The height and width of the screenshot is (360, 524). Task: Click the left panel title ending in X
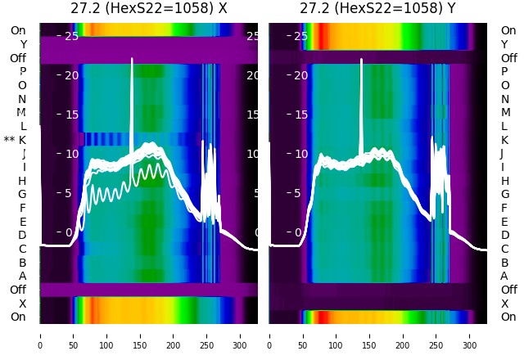[148, 9]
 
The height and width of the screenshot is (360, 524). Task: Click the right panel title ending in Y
[378, 9]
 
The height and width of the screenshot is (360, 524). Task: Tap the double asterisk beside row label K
[9, 140]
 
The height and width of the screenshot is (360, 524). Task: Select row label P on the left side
[22, 71]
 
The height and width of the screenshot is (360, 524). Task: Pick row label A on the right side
[504, 276]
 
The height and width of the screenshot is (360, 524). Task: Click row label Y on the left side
[23, 44]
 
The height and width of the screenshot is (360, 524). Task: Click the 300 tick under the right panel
[470, 335]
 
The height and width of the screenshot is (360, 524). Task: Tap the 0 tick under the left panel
[40, 335]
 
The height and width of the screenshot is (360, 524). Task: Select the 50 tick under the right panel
[303, 335]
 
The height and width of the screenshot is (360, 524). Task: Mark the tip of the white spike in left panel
[132, 59]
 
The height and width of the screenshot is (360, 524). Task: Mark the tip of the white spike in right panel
[360, 60]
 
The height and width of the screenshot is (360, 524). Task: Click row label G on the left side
[22, 194]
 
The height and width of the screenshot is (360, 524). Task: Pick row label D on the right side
[504, 235]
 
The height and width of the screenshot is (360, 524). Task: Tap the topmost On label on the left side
[18, 30]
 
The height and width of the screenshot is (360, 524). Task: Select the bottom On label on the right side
[508, 317]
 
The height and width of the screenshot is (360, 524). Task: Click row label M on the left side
[22, 112]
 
